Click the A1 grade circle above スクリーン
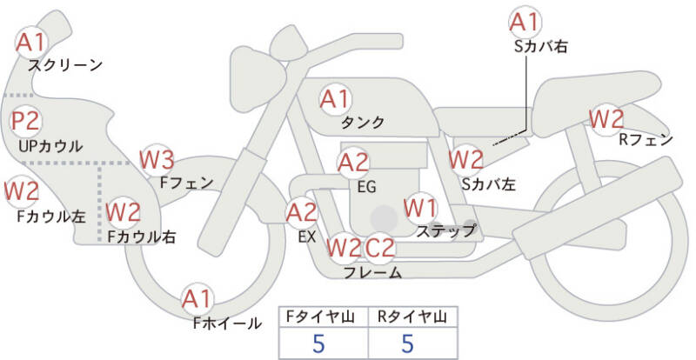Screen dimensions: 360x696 [x=31, y=41]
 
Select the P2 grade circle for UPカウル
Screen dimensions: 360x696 [x=25, y=122]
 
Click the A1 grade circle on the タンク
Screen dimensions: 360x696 [x=335, y=99]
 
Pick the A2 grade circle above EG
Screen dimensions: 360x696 [x=353, y=162]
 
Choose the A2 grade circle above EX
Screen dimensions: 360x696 [x=302, y=211]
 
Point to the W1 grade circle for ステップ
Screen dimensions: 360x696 [x=420, y=208]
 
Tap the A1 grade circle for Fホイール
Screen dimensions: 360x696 [x=197, y=300]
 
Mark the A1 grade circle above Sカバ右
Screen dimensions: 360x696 [x=525, y=21]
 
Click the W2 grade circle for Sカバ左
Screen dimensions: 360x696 [x=465, y=159]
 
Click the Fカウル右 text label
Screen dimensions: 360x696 [x=142, y=236]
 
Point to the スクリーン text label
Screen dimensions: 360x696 [x=65, y=64]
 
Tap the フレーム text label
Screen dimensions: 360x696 [x=372, y=273]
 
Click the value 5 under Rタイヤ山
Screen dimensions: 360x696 [x=407, y=343]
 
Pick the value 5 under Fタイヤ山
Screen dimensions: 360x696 [x=318, y=343]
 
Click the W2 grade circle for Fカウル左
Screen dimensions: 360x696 [x=21, y=189]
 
